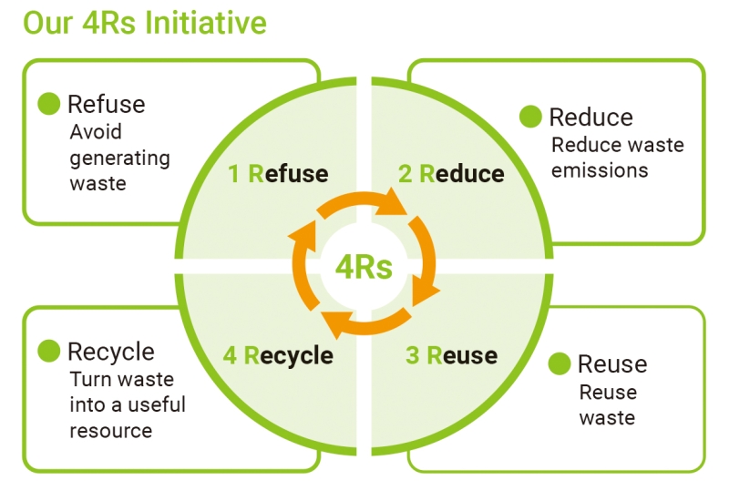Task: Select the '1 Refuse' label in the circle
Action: coord(278,173)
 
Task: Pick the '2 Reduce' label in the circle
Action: coord(451,173)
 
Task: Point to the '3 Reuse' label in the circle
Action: coord(451,355)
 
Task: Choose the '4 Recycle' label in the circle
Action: coord(278,355)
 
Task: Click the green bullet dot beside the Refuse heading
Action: coord(49,104)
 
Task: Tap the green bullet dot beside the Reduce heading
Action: coord(530,117)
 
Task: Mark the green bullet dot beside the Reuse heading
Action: coord(560,364)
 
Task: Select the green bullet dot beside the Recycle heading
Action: coord(49,352)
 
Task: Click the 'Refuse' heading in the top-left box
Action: coord(106,104)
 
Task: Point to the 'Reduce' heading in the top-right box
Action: coord(590,117)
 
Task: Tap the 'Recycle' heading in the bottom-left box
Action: coord(110,352)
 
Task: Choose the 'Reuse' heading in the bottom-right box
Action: coord(612,364)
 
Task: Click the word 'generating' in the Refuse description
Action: coord(119,158)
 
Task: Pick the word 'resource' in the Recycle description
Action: coord(110,430)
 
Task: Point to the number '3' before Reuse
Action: coord(412,355)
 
